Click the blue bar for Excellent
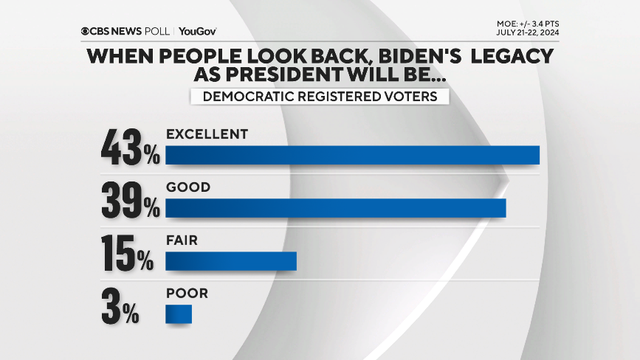(x=352, y=155)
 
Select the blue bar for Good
(x=336, y=209)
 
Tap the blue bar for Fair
(x=230, y=261)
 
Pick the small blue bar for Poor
(x=179, y=314)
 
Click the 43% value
(x=130, y=148)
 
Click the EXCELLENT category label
(x=205, y=134)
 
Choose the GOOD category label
(x=188, y=187)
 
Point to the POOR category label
(x=187, y=293)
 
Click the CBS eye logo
(x=86, y=31)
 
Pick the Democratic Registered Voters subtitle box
(x=319, y=96)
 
